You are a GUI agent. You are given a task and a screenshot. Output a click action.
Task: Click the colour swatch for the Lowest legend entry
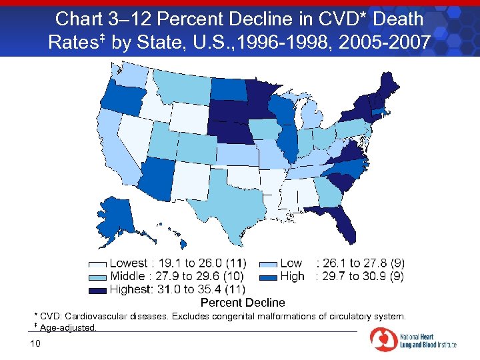point(98,264)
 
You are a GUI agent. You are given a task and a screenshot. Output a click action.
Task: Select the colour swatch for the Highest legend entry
point(98,290)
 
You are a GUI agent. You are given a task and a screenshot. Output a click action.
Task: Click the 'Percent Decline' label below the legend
point(243,303)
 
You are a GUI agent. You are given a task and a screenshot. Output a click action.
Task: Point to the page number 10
point(36,343)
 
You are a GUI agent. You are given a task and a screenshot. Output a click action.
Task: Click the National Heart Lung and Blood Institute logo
point(413,341)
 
